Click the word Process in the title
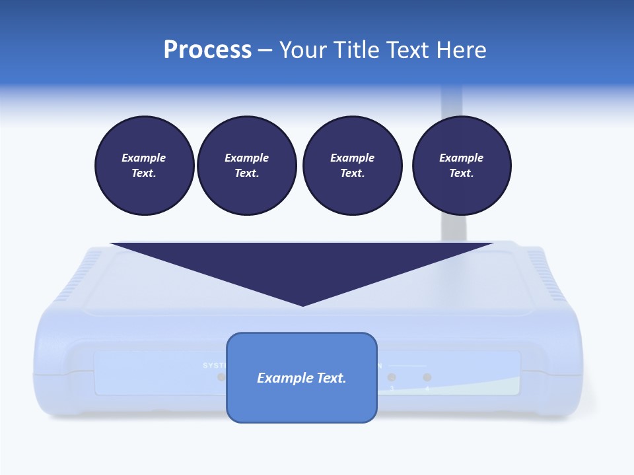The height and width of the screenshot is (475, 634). tap(207, 50)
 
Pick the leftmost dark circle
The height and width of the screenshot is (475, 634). tap(144, 166)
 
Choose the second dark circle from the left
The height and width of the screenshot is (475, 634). tap(246, 166)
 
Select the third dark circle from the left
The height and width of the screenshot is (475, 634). tap(352, 166)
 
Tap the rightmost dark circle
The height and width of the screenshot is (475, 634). tap(462, 166)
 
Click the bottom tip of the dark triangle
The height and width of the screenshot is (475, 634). tap(302, 304)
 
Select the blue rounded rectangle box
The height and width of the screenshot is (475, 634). tap(302, 402)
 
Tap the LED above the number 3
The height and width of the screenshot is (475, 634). tap(392, 377)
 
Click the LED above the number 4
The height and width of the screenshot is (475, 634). tap(427, 377)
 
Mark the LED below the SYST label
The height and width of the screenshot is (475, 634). tap(221, 377)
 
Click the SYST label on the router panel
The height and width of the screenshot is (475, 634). tap(214, 365)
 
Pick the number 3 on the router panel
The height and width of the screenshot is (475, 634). tap(392, 389)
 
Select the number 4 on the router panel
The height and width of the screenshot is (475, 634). tap(427, 389)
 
